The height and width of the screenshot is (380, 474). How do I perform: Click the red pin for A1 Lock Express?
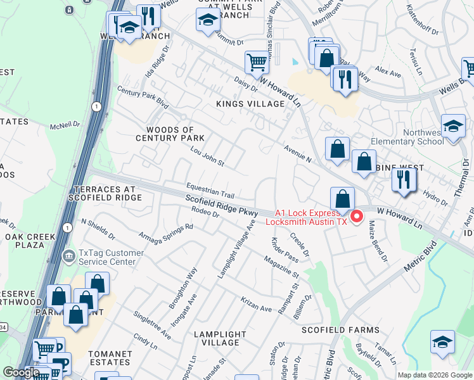(356, 217)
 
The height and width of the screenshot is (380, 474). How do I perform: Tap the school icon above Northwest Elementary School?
(453, 126)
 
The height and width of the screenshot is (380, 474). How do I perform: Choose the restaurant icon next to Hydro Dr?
(404, 180)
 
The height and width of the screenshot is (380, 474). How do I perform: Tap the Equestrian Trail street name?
(210, 190)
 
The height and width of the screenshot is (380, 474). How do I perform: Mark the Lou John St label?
(208, 155)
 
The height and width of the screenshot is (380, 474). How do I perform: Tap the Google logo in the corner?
(21, 372)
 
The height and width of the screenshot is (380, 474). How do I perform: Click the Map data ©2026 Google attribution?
(434, 375)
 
